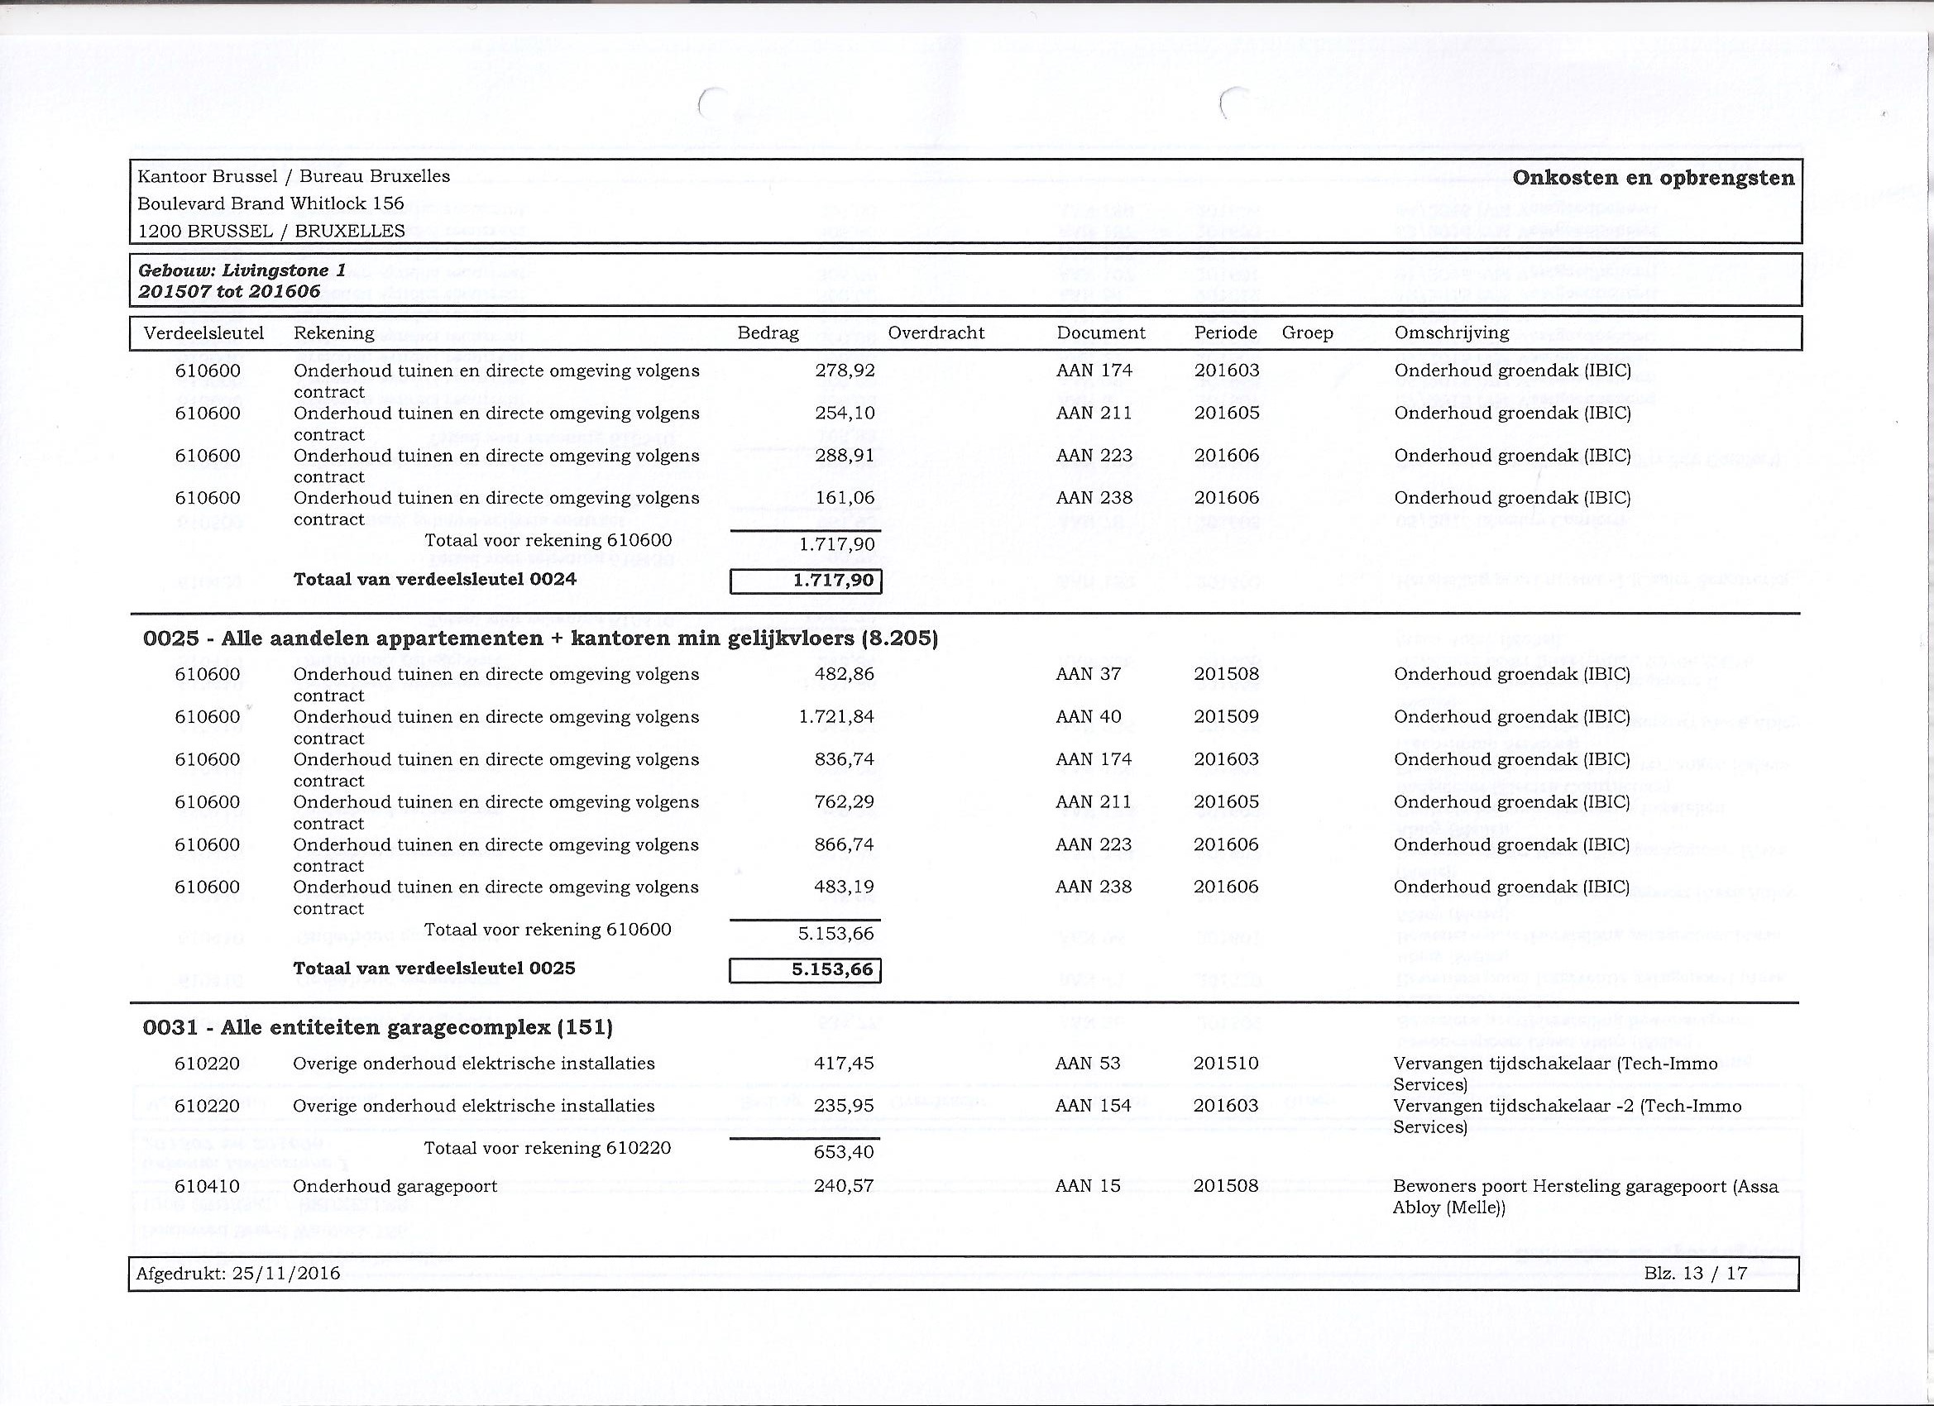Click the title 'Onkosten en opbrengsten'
coord(1653,178)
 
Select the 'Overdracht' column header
coord(936,333)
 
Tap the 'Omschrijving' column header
coord(1452,333)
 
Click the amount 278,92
coord(845,371)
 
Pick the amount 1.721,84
coord(836,717)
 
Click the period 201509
coord(1226,717)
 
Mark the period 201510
coord(1226,1064)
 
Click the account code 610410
coord(207,1186)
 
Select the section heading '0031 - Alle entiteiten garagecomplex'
coord(378,1027)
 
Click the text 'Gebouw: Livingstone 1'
coord(242,271)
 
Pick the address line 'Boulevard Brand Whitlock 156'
coord(270,203)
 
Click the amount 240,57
coord(845,1186)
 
